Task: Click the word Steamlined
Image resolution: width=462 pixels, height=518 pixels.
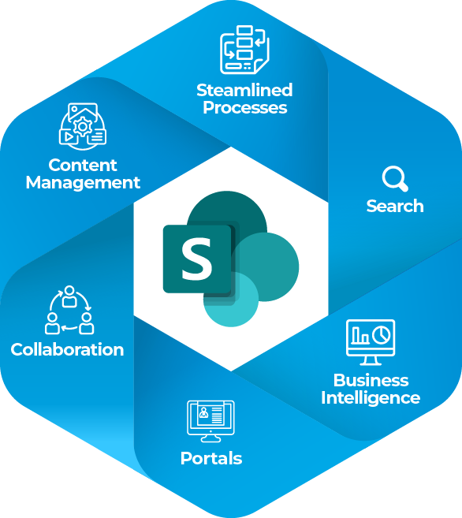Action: (244, 90)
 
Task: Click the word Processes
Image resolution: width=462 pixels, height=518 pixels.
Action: (245, 108)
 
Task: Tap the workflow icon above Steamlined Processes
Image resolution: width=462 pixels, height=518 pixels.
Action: (244, 50)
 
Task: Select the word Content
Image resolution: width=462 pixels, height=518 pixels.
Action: (83, 166)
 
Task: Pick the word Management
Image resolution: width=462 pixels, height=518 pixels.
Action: (83, 183)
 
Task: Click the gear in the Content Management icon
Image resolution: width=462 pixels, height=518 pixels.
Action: (83, 126)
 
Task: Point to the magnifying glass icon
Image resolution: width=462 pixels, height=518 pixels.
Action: (395, 179)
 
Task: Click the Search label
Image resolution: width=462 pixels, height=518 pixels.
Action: (395, 206)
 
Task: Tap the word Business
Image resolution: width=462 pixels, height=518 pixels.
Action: (371, 380)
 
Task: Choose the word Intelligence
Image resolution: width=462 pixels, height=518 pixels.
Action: (371, 398)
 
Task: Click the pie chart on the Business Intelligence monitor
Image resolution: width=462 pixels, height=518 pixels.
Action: (382, 335)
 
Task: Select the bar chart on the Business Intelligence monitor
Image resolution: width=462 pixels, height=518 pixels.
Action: (360, 335)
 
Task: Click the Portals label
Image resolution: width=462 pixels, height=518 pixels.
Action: (211, 459)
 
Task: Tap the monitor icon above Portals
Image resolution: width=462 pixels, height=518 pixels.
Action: (211, 421)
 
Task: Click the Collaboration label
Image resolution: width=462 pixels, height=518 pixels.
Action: (67, 349)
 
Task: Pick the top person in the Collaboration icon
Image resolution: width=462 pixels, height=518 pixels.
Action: (69, 296)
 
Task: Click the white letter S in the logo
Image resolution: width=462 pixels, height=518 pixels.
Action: (196, 259)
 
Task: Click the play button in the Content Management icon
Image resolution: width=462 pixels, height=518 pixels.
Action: (69, 136)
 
